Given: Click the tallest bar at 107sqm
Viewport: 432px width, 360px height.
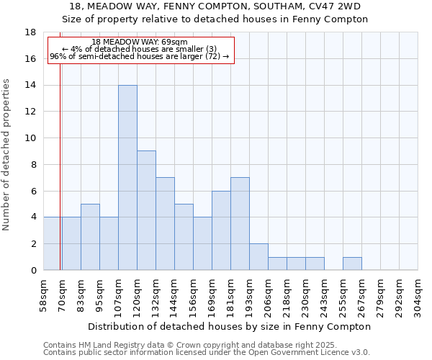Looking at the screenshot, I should click(127, 178).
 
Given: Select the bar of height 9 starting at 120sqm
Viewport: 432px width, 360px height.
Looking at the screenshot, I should click(146, 210).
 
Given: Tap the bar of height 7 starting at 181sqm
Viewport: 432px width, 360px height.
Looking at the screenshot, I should click(240, 223).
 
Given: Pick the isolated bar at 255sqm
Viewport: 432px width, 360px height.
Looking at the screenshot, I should click(352, 264).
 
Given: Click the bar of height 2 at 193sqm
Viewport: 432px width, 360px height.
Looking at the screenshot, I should click(258, 257).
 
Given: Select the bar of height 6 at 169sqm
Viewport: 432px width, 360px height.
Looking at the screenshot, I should click(221, 230).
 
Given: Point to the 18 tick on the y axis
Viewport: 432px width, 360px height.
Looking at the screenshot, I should click(31, 32).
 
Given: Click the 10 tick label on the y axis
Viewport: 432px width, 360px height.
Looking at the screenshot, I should click(31, 138).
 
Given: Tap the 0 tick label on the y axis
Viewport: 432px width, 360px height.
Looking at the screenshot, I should click(33, 271).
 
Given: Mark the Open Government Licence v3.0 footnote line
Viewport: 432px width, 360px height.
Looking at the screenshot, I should click(207, 353).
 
